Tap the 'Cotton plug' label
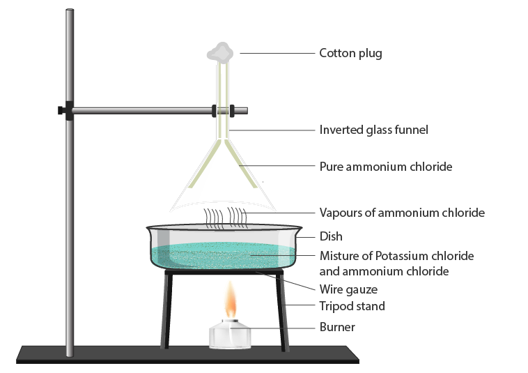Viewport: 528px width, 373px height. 350,53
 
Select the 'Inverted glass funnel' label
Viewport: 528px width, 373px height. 373,130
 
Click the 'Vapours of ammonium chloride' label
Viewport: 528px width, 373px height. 401,212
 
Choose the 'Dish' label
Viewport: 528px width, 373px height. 331,237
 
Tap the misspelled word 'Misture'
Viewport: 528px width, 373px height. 338,256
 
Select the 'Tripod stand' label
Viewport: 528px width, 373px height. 352,306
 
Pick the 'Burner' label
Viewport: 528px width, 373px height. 337,327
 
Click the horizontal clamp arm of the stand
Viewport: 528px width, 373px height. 139,109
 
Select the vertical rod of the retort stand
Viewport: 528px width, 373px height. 69,209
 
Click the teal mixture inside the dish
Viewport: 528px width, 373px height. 223,254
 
